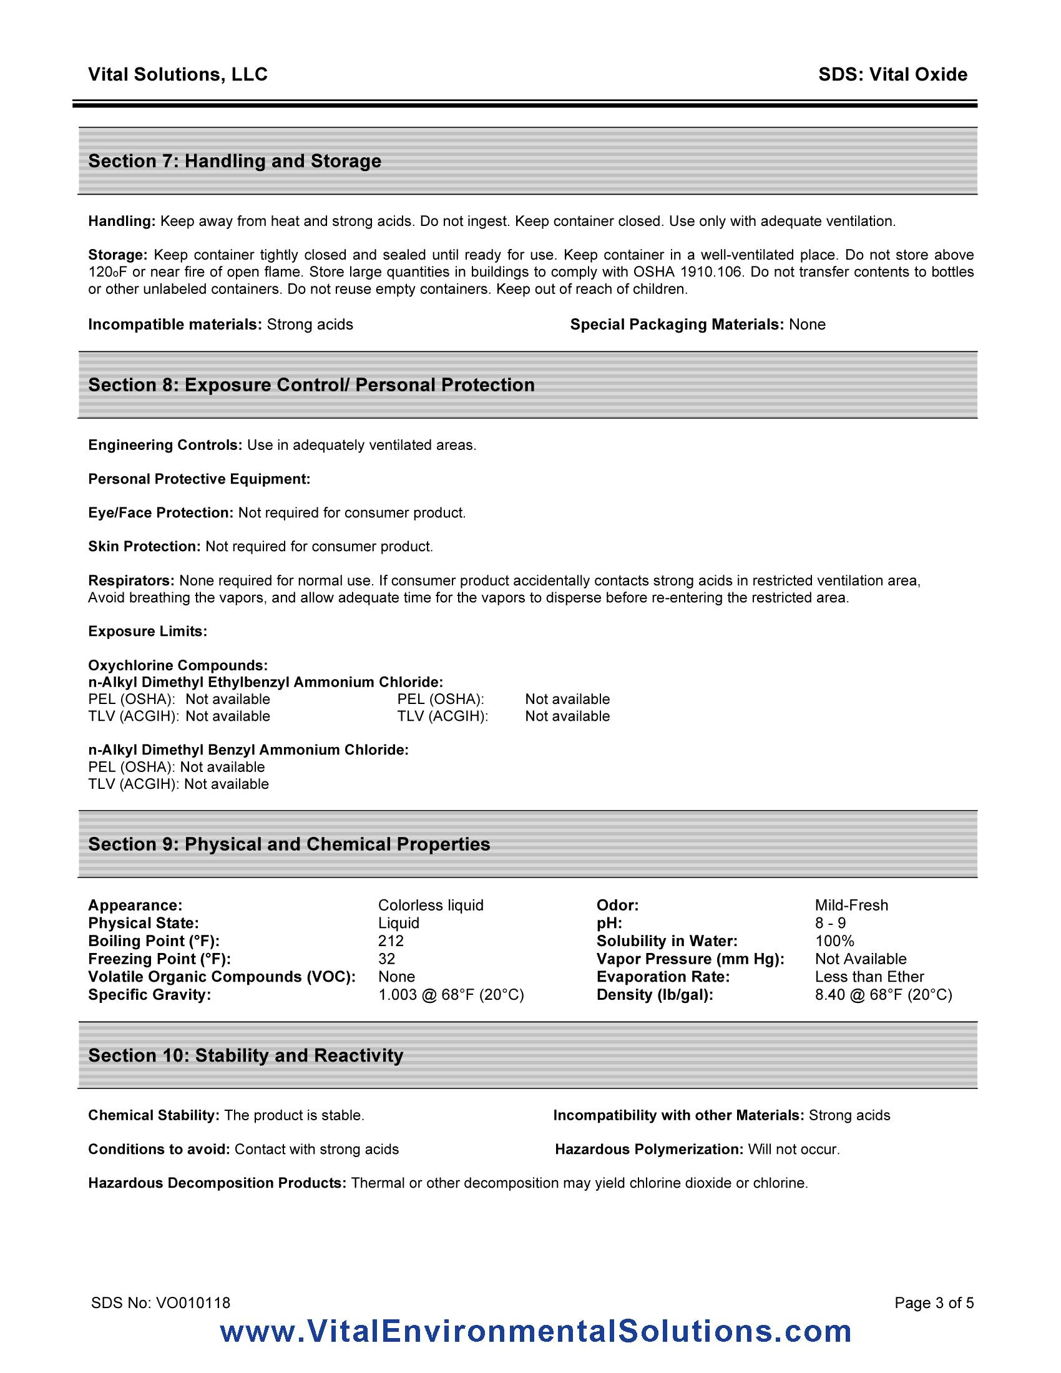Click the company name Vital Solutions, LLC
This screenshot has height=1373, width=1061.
click(x=178, y=74)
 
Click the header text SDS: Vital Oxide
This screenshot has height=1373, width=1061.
click(x=892, y=74)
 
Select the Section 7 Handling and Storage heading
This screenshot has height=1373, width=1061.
click(x=235, y=161)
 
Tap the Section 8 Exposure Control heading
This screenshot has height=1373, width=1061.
click(x=311, y=384)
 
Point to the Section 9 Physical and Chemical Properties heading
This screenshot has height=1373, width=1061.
click(x=289, y=844)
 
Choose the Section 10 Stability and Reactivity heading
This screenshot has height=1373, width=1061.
click(x=245, y=1055)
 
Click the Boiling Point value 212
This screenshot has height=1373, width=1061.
click(x=391, y=941)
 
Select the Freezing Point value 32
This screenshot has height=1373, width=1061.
click(x=386, y=959)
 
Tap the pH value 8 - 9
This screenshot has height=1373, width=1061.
click(x=830, y=923)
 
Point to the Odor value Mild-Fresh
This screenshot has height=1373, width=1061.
click(x=852, y=906)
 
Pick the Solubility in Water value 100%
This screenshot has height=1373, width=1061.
click(x=834, y=941)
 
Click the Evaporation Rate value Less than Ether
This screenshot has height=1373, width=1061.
click(x=869, y=976)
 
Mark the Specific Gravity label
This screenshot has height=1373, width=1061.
click(x=150, y=995)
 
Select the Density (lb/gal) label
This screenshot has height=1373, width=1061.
click(x=655, y=995)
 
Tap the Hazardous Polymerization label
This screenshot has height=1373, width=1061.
click(x=649, y=1149)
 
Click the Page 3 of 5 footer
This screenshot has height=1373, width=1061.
click(x=934, y=1302)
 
